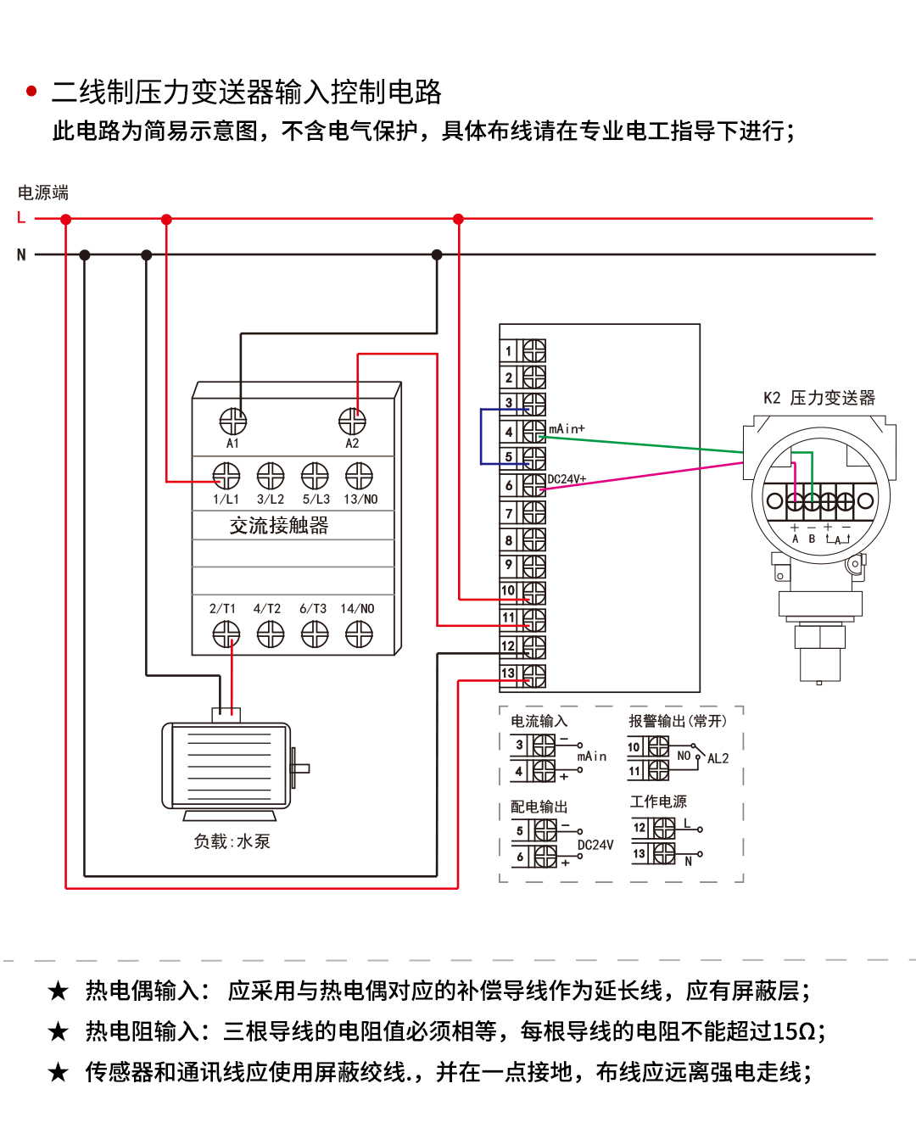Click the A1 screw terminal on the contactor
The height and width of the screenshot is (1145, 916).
pyautogui.click(x=233, y=421)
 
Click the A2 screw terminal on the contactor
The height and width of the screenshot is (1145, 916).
pyautogui.click(x=352, y=421)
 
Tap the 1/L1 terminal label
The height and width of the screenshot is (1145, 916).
pyautogui.click(x=226, y=500)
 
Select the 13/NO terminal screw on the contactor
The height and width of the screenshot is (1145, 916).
pyautogui.click(x=359, y=476)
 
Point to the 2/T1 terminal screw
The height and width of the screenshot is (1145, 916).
pyautogui.click(x=226, y=634)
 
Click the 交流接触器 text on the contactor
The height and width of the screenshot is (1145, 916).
pyautogui.click(x=279, y=526)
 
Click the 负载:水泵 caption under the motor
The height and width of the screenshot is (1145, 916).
pyautogui.click(x=232, y=841)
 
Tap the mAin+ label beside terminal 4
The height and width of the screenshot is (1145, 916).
pyautogui.click(x=567, y=429)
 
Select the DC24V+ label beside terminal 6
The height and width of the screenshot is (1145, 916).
pyautogui.click(x=567, y=479)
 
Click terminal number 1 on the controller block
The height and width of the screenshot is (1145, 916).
pyautogui.click(x=509, y=351)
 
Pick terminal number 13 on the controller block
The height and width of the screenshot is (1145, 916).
pyautogui.click(x=508, y=673)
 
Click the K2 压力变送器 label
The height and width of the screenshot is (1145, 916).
pyautogui.click(x=818, y=398)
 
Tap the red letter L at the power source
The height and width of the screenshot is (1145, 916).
pyautogui.click(x=21, y=218)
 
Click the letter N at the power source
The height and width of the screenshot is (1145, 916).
pyautogui.click(x=21, y=254)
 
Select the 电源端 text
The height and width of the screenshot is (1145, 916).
pyautogui.click(x=43, y=193)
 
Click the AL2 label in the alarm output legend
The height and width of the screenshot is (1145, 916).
pyautogui.click(x=718, y=759)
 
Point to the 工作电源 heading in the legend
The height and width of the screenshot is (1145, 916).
pyautogui.click(x=658, y=801)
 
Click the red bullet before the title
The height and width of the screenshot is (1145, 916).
pyautogui.click(x=31, y=92)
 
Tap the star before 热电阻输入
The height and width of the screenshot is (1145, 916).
pyautogui.click(x=58, y=1031)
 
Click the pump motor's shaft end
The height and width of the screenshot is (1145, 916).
pyautogui.click(x=303, y=768)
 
